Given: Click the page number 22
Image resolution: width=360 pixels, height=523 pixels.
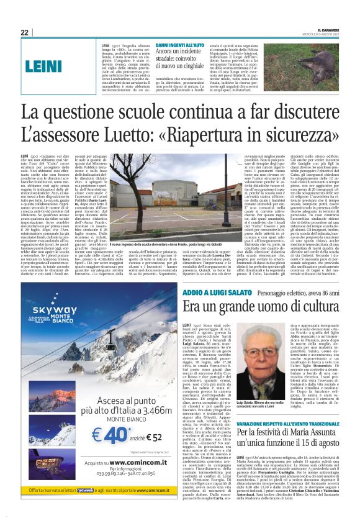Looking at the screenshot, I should (x=25, y=32).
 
